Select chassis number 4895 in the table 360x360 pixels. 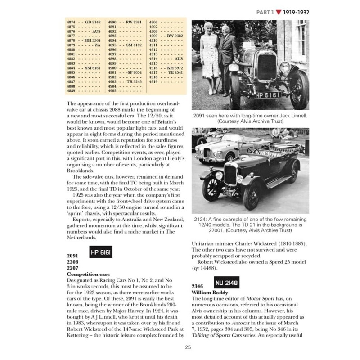(112, 45)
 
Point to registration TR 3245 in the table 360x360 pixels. (134, 82)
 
